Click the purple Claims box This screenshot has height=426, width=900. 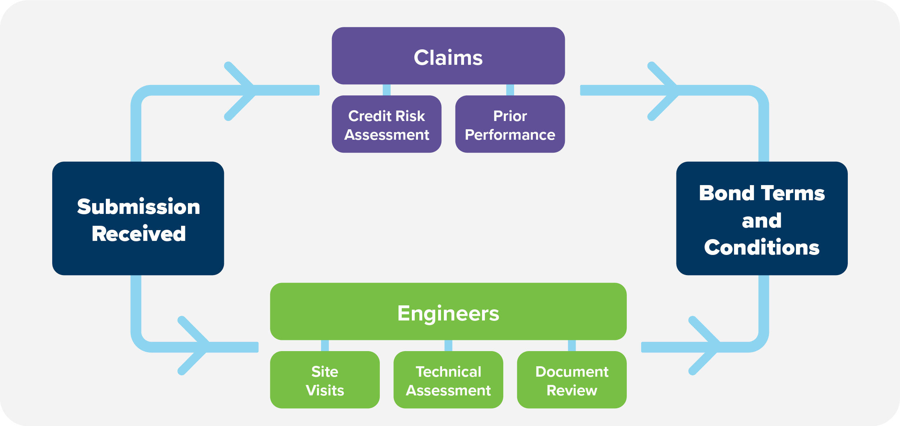[448, 56]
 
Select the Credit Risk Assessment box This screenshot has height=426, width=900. [387, 124]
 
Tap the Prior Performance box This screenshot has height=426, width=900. [510, 124]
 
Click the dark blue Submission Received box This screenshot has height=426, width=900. [138, 219]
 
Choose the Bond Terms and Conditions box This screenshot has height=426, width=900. [762, 219]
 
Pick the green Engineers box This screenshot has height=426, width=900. [448, 311]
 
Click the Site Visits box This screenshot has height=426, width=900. [325, 380]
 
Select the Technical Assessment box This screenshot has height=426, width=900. [448, 380]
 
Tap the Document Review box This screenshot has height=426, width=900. [572, 380]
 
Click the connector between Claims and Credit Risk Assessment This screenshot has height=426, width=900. [387, 90]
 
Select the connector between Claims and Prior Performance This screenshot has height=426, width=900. [510, 90]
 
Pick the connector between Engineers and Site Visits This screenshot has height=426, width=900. [325, 345]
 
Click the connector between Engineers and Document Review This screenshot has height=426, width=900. [572, 345]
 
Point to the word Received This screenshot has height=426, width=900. [139, 234]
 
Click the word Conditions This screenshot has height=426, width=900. [762, 247]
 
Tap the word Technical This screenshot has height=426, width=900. [448, 372]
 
